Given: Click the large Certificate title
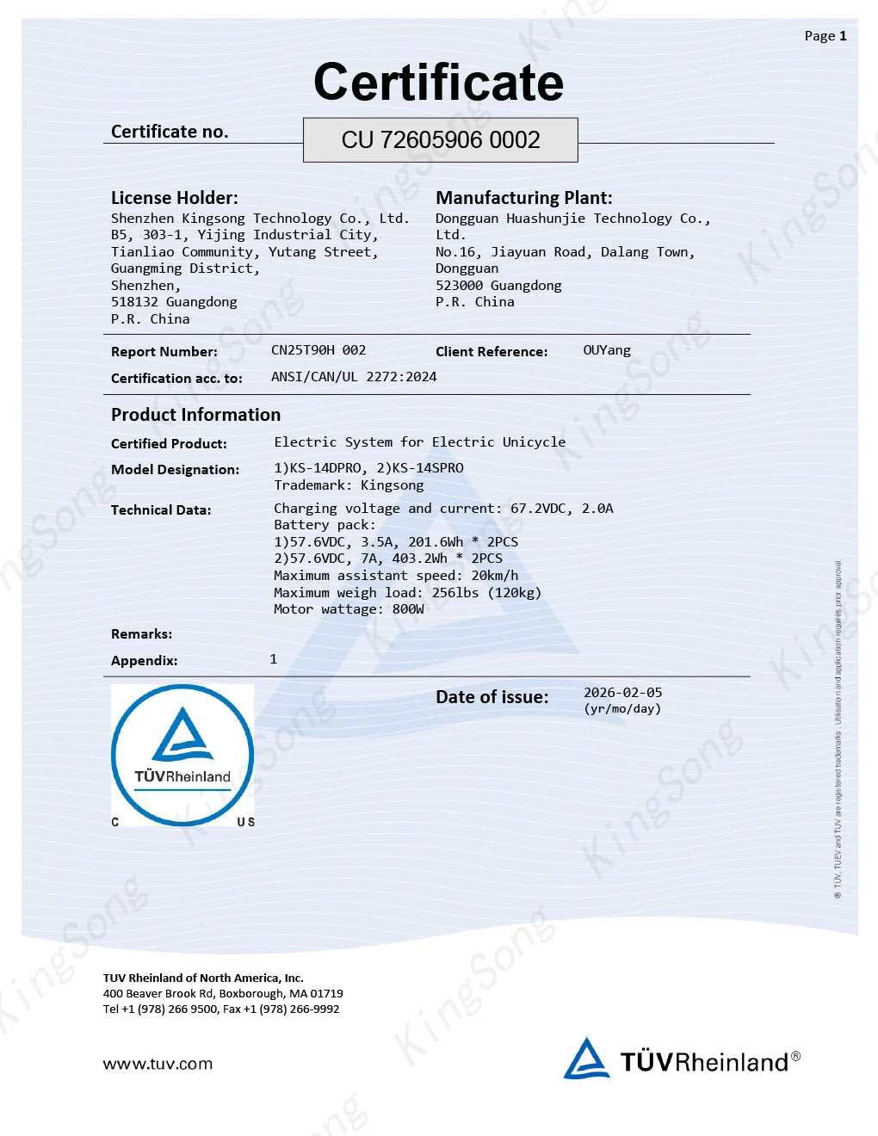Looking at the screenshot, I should (438, 83).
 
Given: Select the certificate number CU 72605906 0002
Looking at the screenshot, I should (441, 140).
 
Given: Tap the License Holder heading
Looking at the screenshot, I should (175, 198).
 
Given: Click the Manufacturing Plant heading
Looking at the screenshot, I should (524, 198).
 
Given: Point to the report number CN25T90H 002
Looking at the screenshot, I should (318, 350).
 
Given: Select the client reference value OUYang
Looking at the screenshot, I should (607, 350).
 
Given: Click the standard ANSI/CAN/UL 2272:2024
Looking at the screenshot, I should (354, 377).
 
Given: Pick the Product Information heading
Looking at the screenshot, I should (196, 415).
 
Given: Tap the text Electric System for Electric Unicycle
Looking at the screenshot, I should (420, 442).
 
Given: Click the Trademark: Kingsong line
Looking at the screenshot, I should (349, 485).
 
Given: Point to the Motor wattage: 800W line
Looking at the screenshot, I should (349, 609).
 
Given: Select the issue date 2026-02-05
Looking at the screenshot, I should (623, 693).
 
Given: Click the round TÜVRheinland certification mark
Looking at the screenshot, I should (182, 756).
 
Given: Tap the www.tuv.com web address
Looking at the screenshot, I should (158, 1064).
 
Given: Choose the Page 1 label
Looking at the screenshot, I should (825, 36).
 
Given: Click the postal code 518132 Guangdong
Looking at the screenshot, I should (174, 302).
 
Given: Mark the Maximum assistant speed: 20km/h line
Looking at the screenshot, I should (396, 576).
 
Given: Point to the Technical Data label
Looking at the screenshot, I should (161, 510).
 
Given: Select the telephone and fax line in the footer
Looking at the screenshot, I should (221, 1009).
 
